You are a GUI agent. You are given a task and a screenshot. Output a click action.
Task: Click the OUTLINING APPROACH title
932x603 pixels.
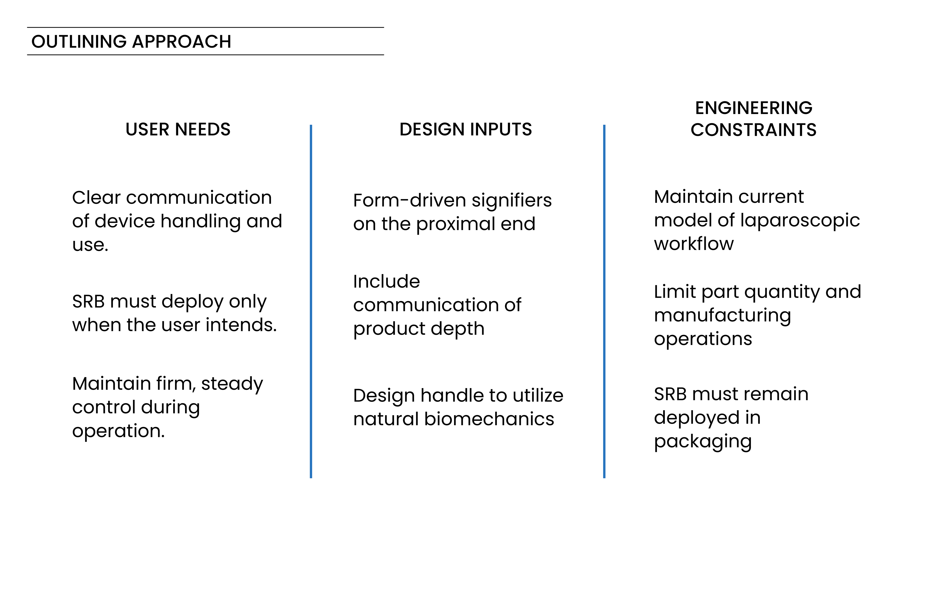coord(131,41)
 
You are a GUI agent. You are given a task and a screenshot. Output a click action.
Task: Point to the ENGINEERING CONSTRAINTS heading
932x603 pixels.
coord(753,119)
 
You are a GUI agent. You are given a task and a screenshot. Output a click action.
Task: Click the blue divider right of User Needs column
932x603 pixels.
coord(311,301)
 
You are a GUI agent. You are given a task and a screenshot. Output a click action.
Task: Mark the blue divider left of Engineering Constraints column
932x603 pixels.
coord(604,301)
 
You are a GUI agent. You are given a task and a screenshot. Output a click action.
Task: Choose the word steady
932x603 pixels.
coord(232,384)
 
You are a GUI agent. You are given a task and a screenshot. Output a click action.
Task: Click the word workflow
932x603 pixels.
coord(693,244)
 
